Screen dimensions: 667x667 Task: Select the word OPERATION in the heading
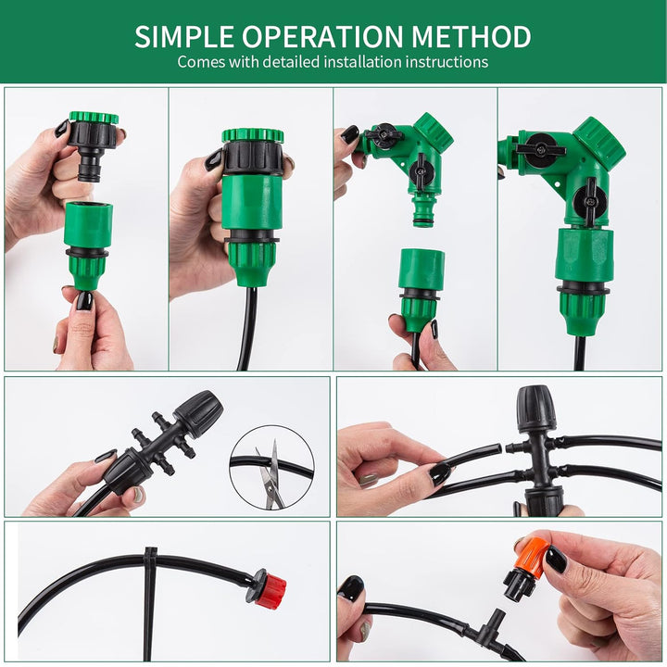[x=322, y=36]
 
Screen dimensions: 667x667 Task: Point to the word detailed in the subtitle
[x=291, y=62]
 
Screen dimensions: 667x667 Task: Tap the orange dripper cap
[x=530, y=553]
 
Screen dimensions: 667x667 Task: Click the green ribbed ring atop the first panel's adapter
[x=94, y=118]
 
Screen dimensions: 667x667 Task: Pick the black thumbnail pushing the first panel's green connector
[x=84, y=301]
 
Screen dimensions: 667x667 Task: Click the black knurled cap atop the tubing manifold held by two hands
[x=536, y=408]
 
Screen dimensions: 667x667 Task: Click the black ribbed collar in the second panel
[x=253, y=157]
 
